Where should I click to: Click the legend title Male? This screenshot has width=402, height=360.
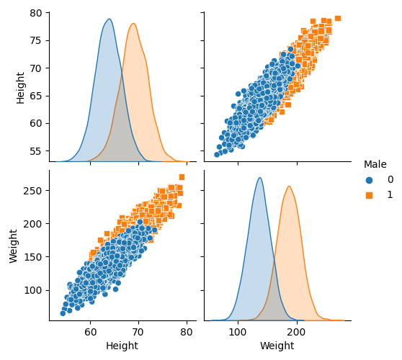(375, 164)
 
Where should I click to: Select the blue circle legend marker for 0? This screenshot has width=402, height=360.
(370, 180)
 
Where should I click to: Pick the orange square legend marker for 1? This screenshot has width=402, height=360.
(370, 195)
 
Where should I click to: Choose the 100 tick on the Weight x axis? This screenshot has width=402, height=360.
(238, 333)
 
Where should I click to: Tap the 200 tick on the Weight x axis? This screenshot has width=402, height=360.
(296, 333)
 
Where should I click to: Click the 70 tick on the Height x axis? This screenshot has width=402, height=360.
(138, 333)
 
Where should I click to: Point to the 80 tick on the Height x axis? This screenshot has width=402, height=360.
(187, 333)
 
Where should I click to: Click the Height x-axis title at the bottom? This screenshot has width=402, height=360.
(122, 346)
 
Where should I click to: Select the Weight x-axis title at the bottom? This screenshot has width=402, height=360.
(277, 346)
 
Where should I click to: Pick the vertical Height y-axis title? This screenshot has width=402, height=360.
(21, 87)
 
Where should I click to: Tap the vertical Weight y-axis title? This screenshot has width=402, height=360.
(14, 246)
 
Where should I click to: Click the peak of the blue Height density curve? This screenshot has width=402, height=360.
(109, 19)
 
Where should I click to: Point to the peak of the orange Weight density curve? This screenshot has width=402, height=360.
(289, 186)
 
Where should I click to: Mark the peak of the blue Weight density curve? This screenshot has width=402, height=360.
(259, 178)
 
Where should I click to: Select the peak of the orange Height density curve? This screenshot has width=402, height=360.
(133, 24)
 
